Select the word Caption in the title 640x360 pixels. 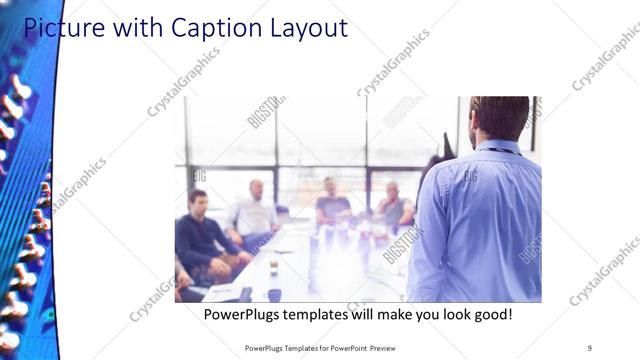point(204,27)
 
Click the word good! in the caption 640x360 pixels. point(489,315)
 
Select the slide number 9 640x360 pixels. point(589,347)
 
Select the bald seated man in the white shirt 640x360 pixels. point(254,210)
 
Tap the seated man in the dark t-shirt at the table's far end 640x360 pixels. point(333,203)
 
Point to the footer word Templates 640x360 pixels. point(296,347)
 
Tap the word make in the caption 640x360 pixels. point(380,315)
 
